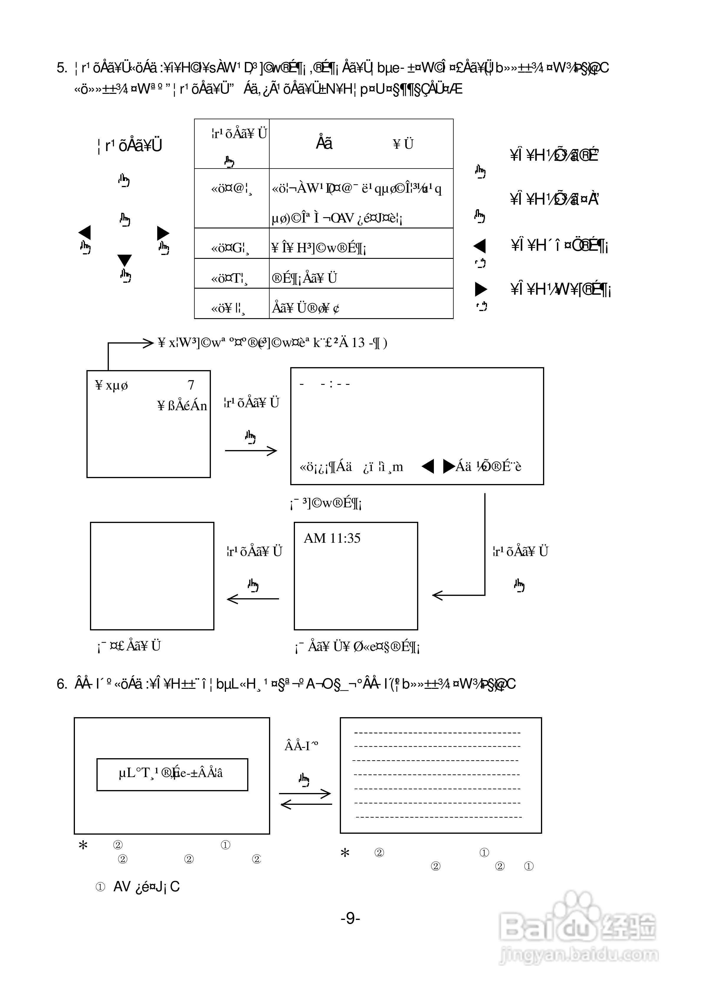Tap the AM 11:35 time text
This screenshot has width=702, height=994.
pyautogui.click(x=332, y=538)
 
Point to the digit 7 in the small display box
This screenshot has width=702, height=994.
pyautogui.click(x=191, y=385)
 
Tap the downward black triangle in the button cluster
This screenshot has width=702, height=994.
pyautogui.click(x=125, y=260)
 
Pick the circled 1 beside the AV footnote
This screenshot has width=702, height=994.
pyautogui.click(x=100, y=887)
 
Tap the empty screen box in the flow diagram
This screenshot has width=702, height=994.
pyautogui.click(x=152, y=576)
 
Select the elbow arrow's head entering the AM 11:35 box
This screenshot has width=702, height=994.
pyautogui.click(x=438, y=595)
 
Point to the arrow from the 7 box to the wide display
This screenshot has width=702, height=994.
pyautogui.click(x=251, y=451)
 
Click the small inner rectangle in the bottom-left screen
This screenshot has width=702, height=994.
pyautogui.click(x=172, y=774)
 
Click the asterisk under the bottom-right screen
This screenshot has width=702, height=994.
pyautogui.click(x=345, y=853)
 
